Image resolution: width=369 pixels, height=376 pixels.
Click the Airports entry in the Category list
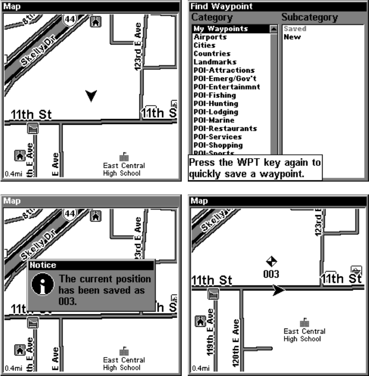(210, 37)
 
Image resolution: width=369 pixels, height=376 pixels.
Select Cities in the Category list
(205, 45)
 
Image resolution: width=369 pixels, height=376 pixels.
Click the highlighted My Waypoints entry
(220, 28)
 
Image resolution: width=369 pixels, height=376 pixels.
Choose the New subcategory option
(292, 37)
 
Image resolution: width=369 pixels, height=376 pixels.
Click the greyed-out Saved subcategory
(295, 28)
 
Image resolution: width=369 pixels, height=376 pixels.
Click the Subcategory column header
(309, 18)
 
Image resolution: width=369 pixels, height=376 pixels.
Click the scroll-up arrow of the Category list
(274, 28)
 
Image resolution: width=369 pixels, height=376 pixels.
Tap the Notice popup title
(44, 265)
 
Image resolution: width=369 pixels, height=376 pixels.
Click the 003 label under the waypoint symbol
(271, 274)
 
